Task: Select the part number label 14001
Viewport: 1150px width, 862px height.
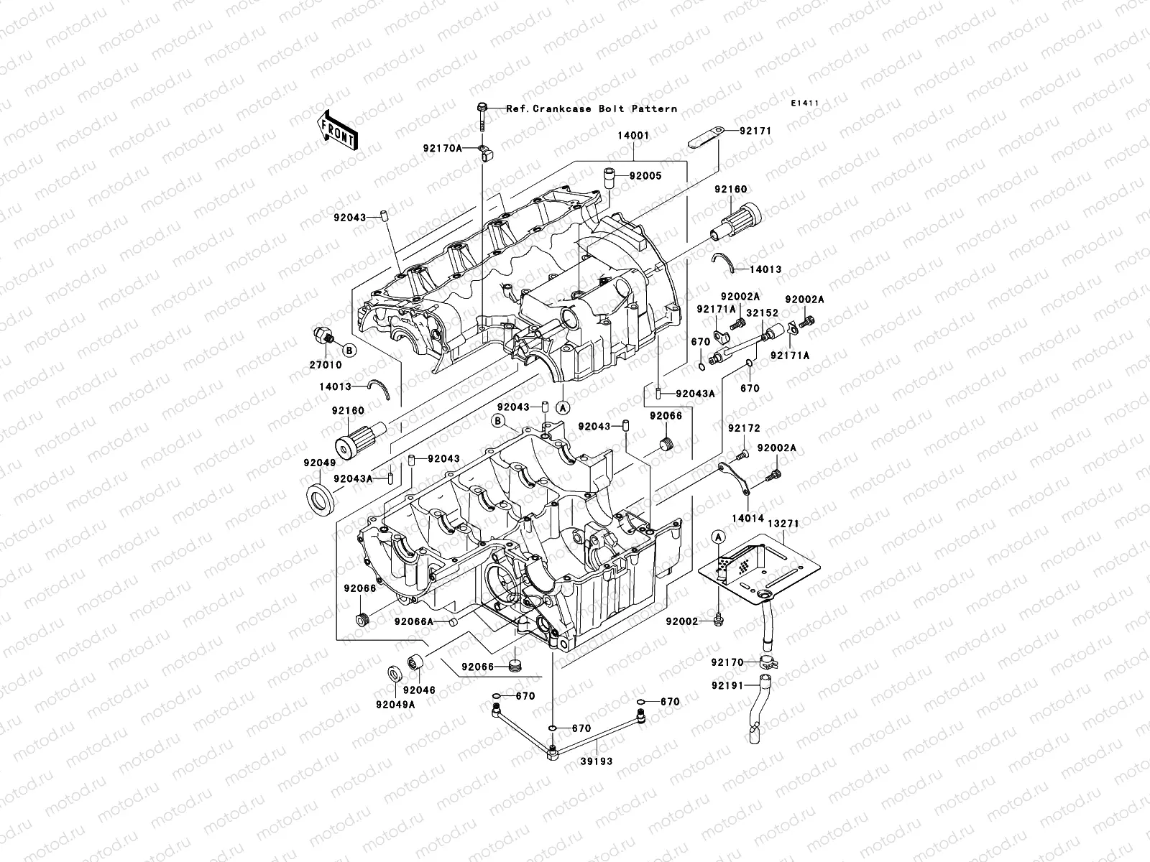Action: pos(633,134)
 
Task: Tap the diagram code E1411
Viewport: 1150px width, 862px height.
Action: pos(806,103)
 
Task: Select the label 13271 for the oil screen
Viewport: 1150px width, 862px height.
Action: pos(783,524)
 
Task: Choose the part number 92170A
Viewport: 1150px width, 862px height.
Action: pos(443,149)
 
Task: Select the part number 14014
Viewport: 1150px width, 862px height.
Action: pos(747,517)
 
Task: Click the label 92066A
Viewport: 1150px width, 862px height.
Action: pos(415,621)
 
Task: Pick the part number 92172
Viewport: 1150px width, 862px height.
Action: pos(743,428)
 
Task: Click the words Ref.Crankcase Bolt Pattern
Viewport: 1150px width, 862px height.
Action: pos(591,109)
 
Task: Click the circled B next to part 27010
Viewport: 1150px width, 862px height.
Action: pos(349,351)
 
